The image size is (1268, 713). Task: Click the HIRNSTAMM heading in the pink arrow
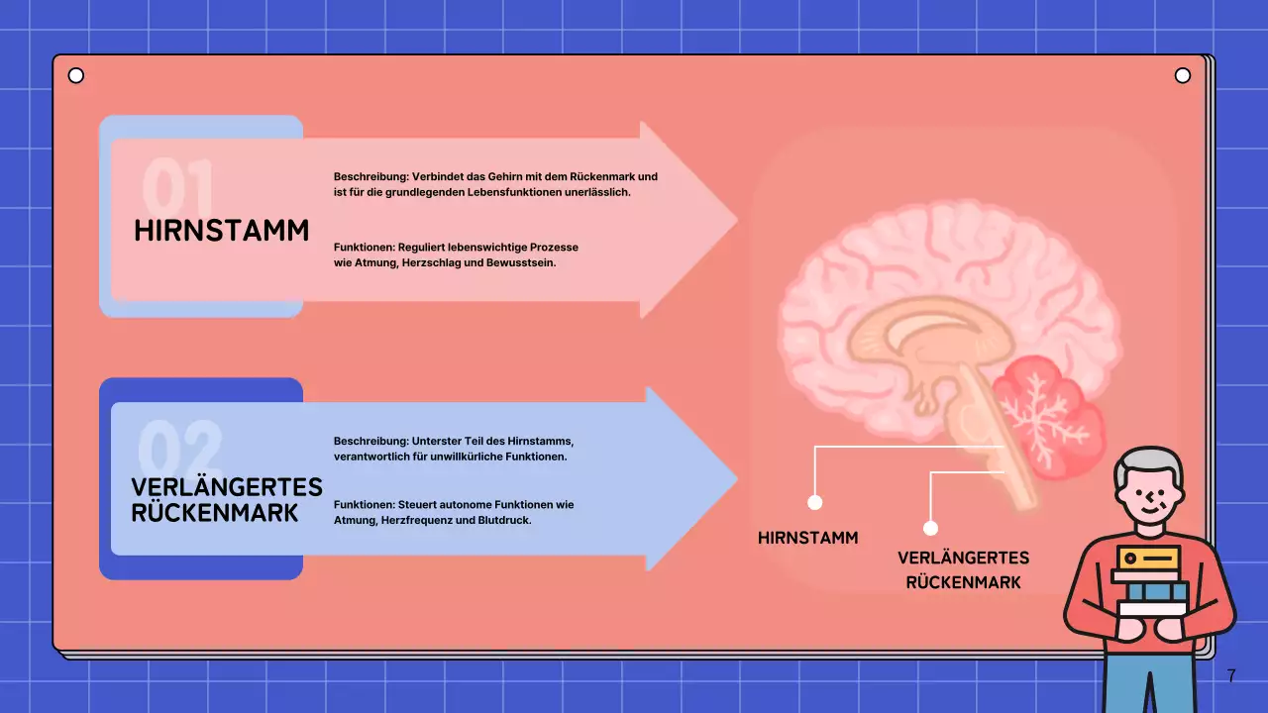pos(222,231)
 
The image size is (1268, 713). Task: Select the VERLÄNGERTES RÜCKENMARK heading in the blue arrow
pos(227,500)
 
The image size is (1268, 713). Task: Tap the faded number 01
pos(177,185)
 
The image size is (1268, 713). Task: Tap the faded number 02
pos(179,449)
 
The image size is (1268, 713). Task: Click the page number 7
pos(1231,676)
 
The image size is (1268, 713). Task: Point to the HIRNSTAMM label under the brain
pos(807,538)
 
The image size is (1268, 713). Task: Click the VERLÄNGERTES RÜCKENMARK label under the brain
pos(963,569)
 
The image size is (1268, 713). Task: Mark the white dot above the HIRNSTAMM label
pos(815,502)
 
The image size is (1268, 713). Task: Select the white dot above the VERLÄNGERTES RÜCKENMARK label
pos(930,528)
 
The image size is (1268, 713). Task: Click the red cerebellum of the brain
pos(1050,411)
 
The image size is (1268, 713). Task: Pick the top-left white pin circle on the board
pos(75,76)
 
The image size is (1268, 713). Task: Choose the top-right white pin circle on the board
pos(1182,76)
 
